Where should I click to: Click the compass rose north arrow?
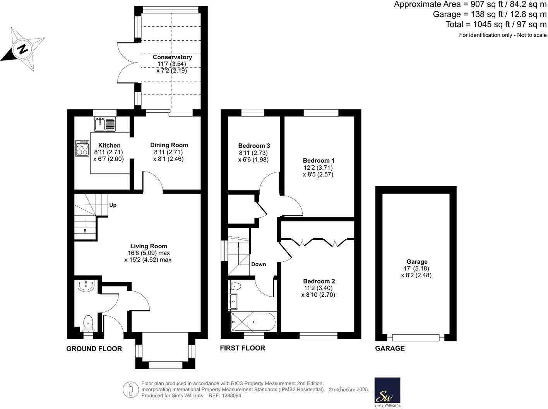coord(22,49)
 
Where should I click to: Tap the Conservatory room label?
coord(172,57)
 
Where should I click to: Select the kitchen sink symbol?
coord(105,124)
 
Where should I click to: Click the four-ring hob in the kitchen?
coord(82,148)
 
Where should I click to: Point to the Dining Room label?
coord(169,145)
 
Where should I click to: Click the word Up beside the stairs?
coord(113,205)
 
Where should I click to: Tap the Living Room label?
coord(149,246)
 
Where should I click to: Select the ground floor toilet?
coord(89,323)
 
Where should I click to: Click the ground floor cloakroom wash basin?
coord(85,286)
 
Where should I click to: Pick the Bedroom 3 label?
coord(254,146)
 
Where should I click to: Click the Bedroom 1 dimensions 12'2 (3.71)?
coord(318,168)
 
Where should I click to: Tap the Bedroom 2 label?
coord(319,281)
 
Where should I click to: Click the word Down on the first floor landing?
coord(259,264)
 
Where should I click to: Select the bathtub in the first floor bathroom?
coord(253,321)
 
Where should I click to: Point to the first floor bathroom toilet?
coord(235,287)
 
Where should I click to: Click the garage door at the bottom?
coord(416,337)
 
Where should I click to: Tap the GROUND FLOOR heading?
coord(94,349)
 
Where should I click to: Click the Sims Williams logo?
coord(387,392)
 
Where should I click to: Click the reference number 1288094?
coord(231,395)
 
